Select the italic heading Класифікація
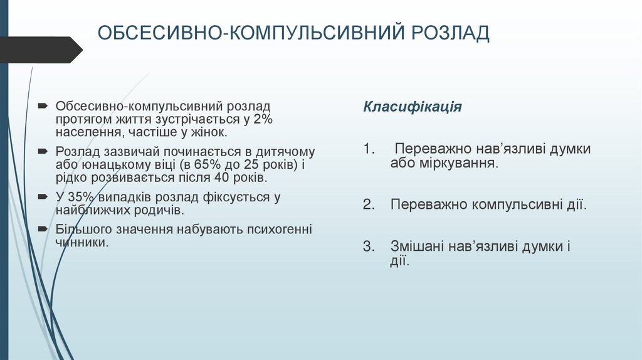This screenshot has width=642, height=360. click(413, 107)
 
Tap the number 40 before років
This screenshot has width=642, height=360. click(225, 178)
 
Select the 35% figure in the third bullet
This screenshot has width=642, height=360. click(79, 197)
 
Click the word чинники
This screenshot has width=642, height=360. click(82, 242)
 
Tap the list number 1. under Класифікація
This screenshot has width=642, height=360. click(369, 149)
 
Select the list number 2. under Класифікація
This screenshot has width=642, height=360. click(369, 204)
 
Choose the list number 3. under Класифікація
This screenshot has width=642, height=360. click(369, 246)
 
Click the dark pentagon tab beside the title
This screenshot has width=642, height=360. click(38, 50)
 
